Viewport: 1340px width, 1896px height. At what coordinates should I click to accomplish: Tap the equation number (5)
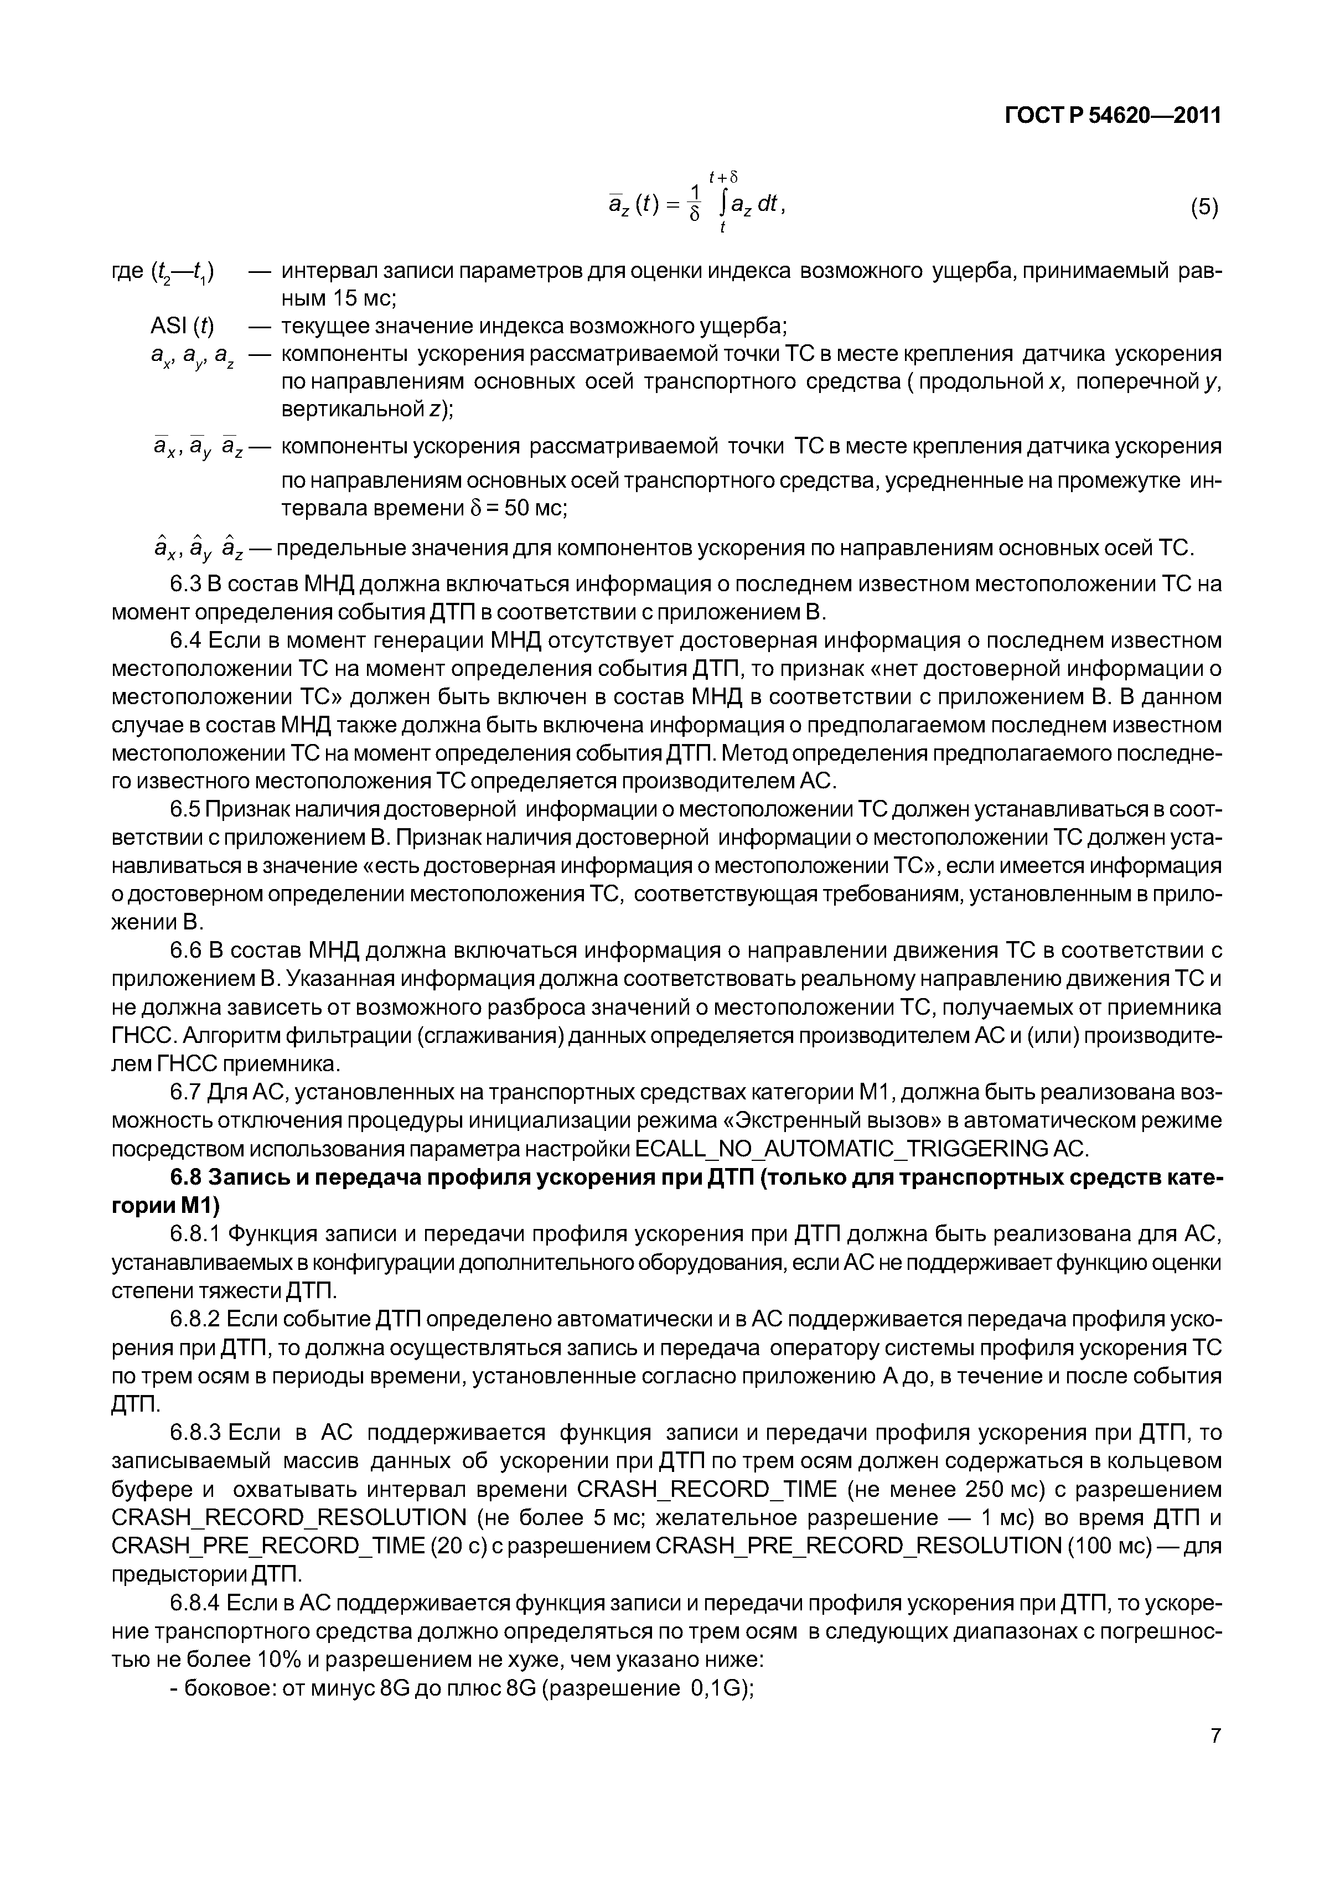pyautogui.click(x=1204, y=207)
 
